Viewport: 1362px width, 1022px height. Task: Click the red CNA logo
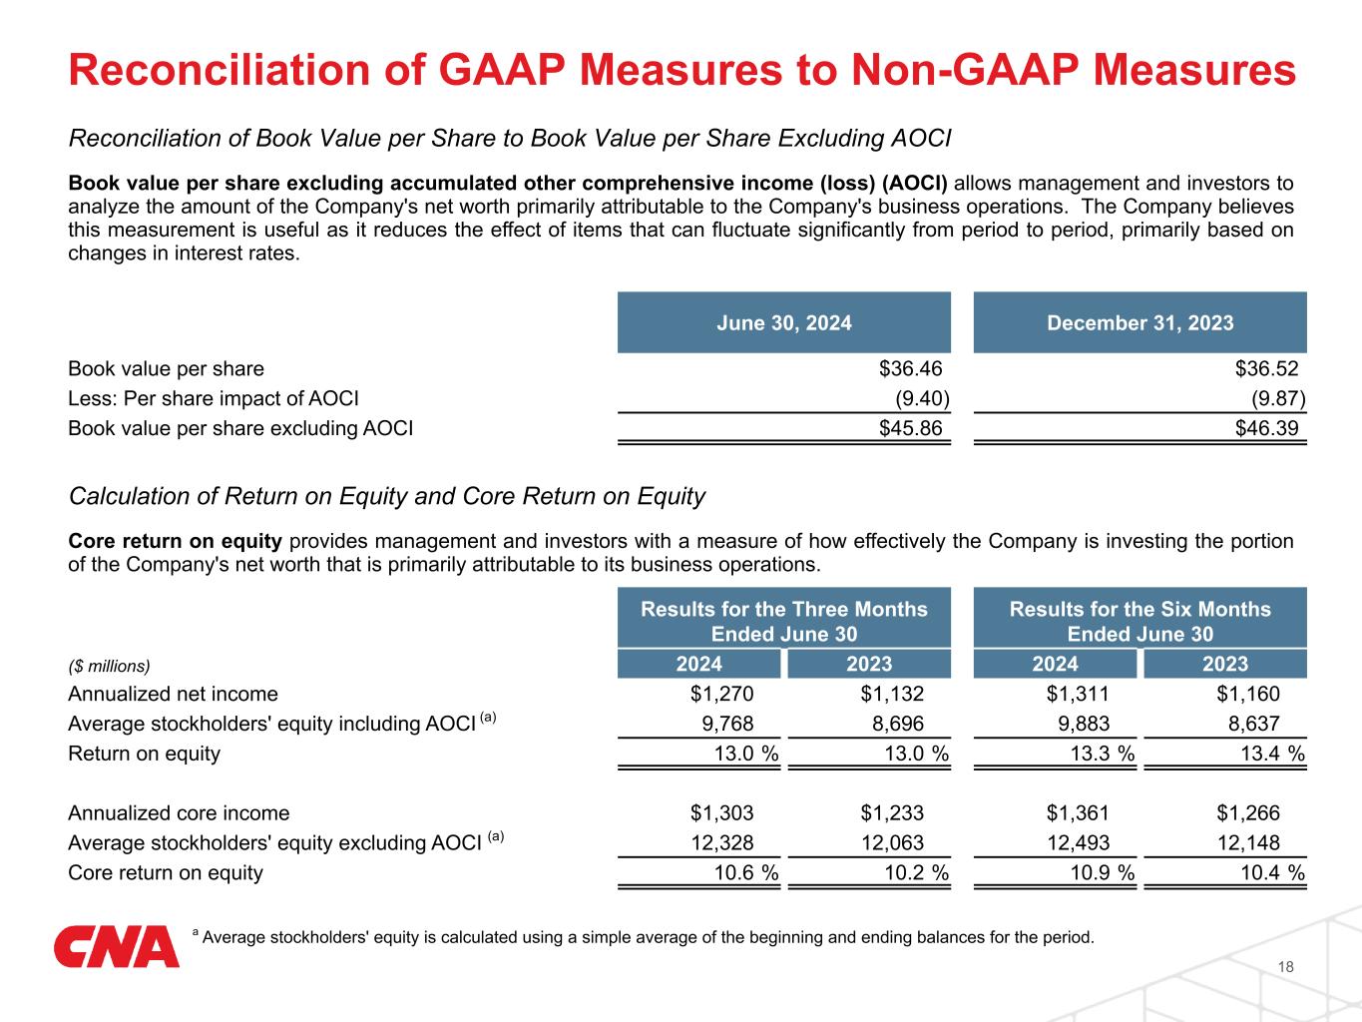[x=116, y=947]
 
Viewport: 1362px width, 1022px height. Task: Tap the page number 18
[x=1285, y=967]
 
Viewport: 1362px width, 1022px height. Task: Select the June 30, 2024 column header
[x=784, y=322]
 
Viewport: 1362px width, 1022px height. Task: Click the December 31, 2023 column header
[x=1139, y=322]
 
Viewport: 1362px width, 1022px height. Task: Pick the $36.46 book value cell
[x=910, y=369]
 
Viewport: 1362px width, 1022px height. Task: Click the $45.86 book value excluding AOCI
[x=910, y=429]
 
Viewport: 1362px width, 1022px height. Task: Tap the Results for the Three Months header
[x=783, y=621]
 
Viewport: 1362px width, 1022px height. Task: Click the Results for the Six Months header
[x=1139, y=621]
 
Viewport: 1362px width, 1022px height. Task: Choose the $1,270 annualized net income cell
[x=722, y=694]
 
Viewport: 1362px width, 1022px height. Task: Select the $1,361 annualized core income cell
[x=1078, y=813]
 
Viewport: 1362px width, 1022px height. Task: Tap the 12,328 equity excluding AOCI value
[x=722, y=843]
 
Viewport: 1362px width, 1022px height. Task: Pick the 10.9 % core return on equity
[x=1097, y=873]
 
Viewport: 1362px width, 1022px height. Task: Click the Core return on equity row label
[x=166, y=873]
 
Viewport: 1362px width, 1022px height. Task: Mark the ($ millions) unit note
[x=109, y=665]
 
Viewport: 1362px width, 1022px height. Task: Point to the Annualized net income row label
[x=173, y=694]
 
